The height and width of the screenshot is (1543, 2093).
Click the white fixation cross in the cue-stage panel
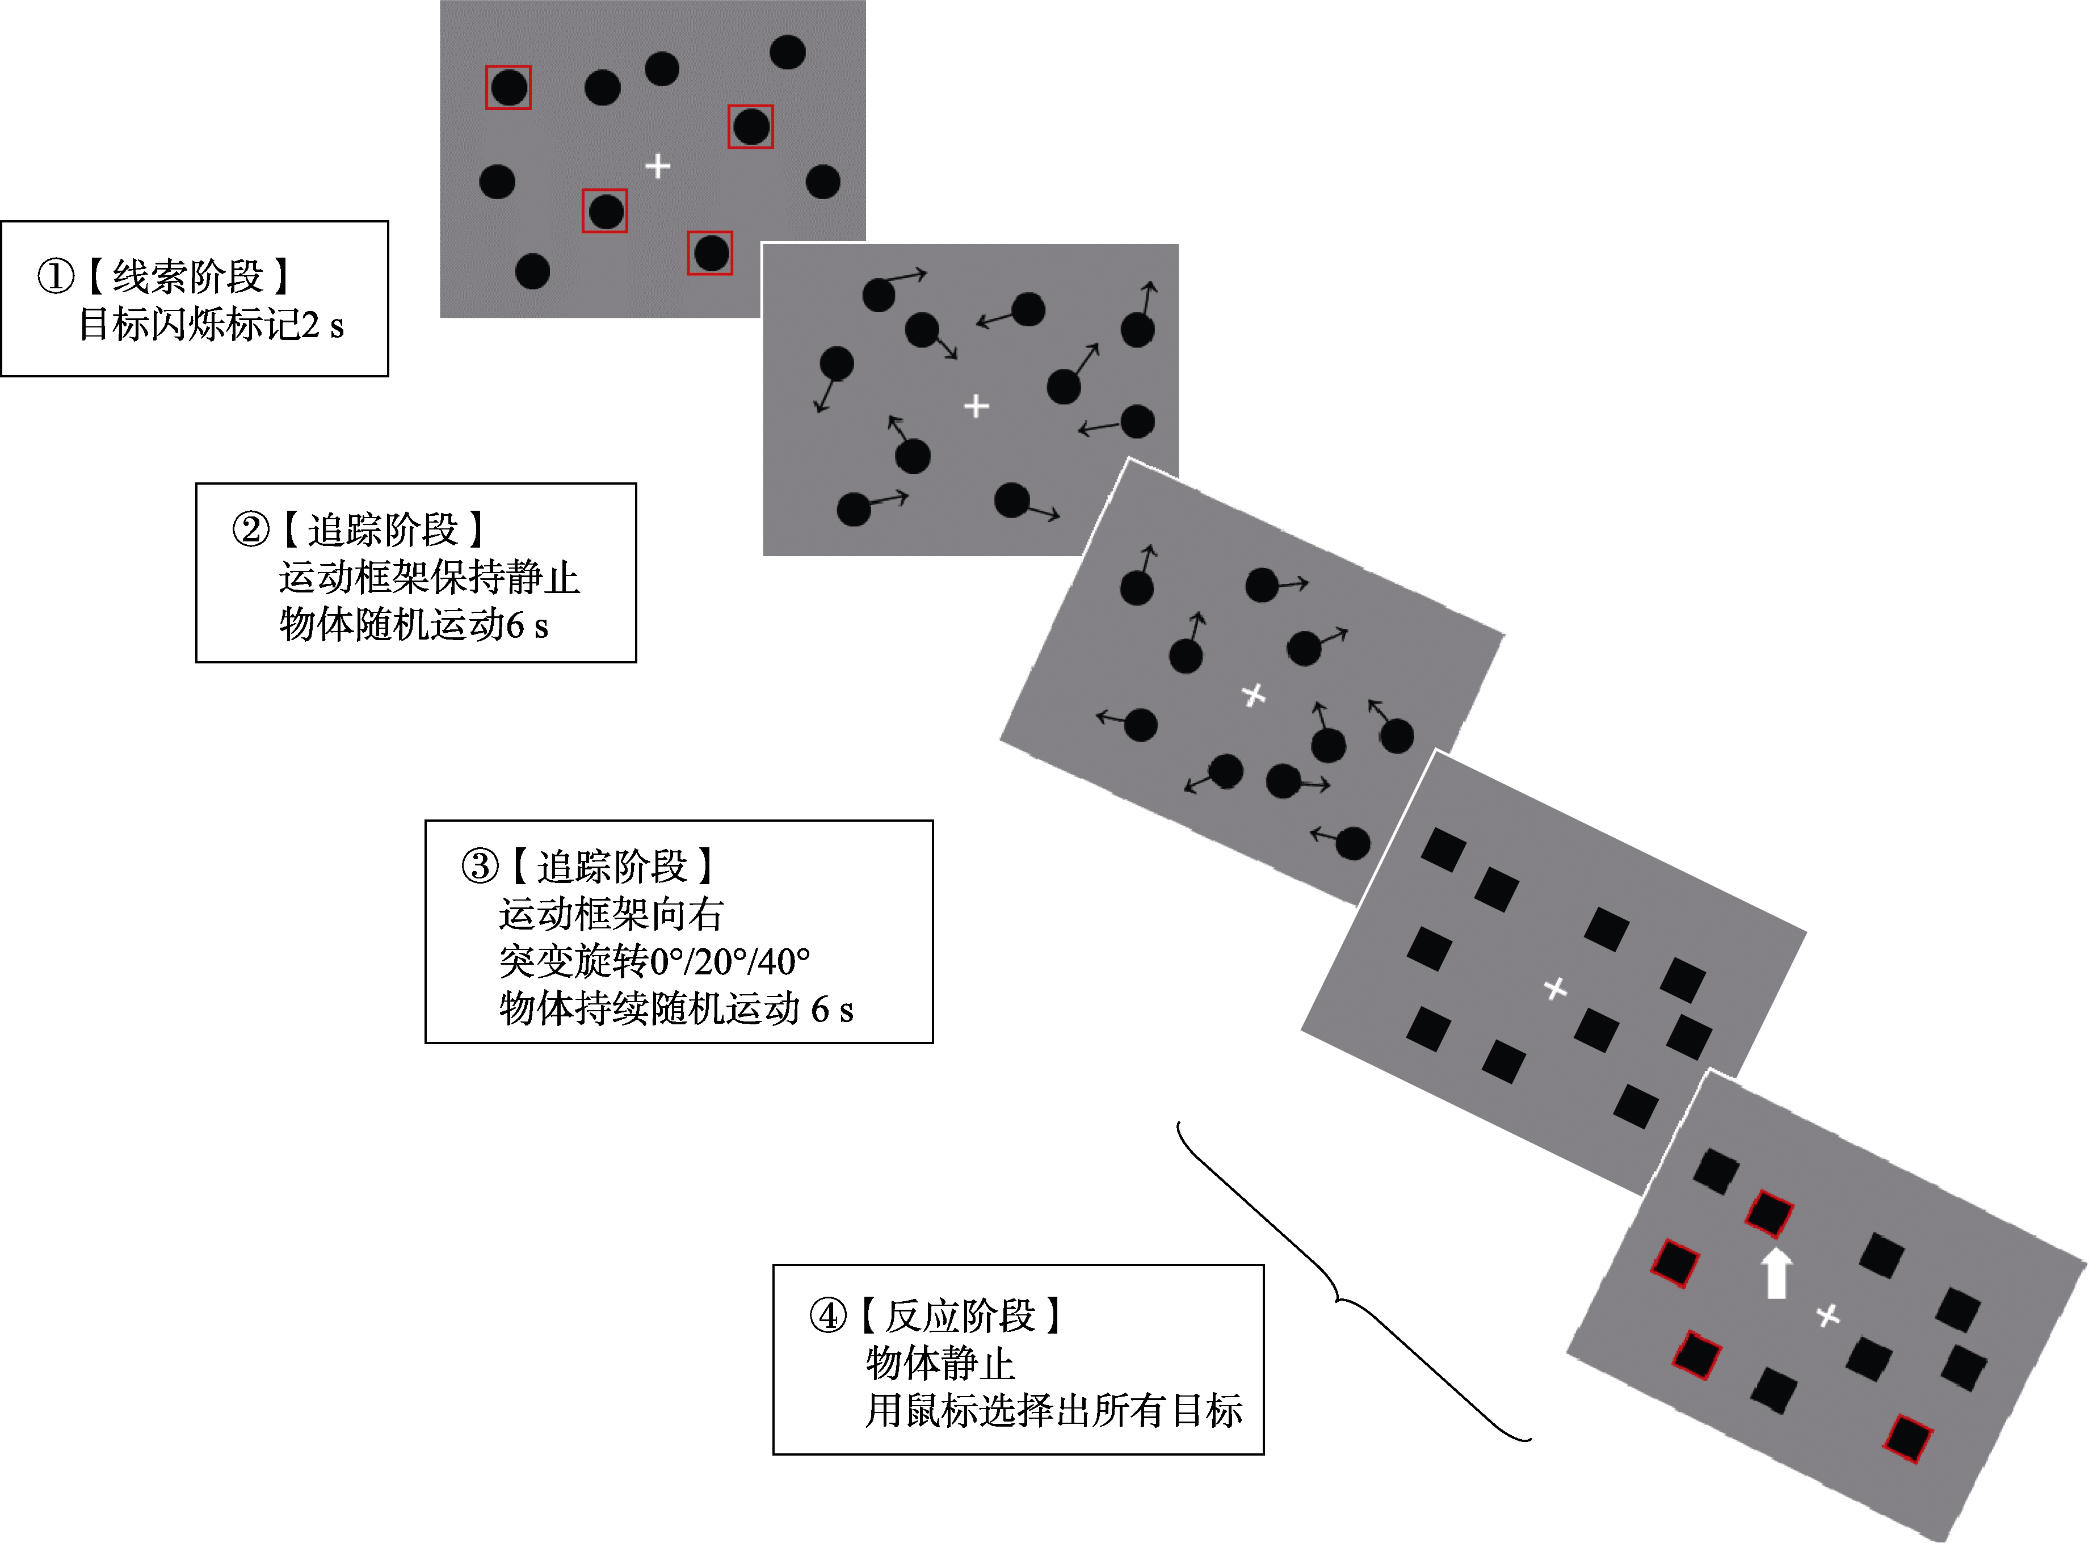658,166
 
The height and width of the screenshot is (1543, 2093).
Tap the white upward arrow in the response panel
1775,1273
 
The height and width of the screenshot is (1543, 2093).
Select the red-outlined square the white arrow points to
1769,1213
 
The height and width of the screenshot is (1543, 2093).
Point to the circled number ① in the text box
56,276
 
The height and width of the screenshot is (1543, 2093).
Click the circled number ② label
250,529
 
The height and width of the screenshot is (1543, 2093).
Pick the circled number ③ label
480,866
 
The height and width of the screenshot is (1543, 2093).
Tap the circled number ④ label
827,1316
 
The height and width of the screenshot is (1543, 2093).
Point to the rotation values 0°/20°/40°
729,961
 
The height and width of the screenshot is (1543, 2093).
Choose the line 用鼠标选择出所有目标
1053,1410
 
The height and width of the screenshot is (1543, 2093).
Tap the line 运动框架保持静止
428,577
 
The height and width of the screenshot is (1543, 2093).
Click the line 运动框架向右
611,914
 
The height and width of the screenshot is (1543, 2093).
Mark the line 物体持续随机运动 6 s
676,1009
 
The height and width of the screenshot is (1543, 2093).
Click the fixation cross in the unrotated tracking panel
976,406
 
